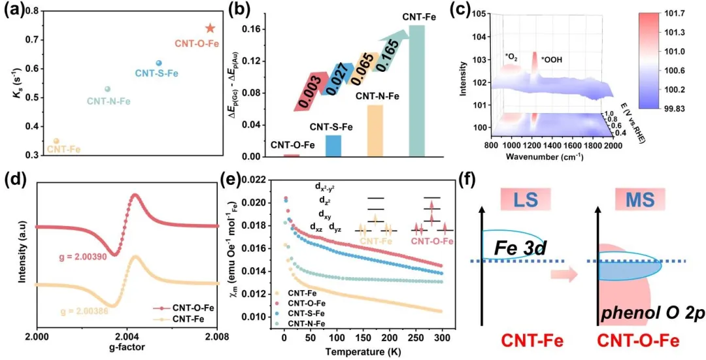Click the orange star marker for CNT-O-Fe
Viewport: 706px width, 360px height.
click(x=210, y=28)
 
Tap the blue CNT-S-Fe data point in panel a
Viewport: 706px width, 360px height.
click(x=159, y=63)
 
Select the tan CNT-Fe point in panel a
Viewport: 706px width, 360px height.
click(x=56, y=141)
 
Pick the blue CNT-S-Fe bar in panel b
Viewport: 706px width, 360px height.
click(x=333, y=145)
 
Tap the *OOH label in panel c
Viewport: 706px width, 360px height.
click(x=550, y=60)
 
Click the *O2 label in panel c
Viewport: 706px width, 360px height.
click(x=512, y=56)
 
